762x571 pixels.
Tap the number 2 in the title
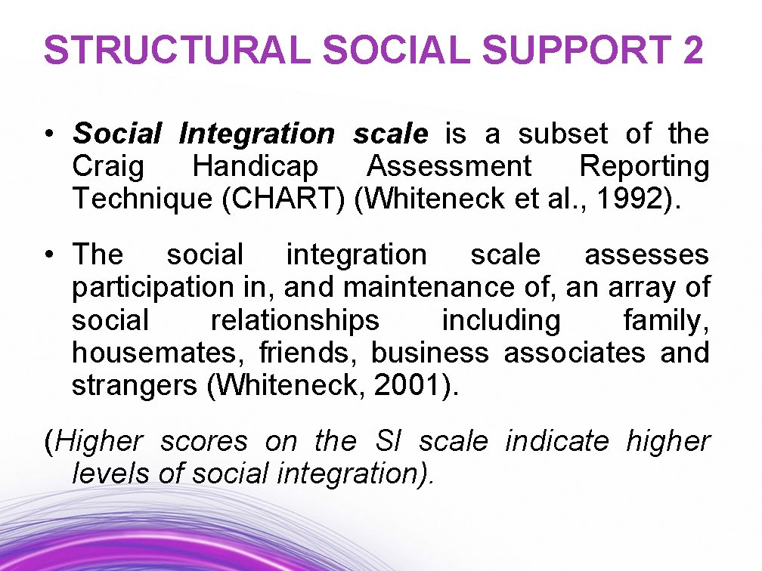coord(691,51)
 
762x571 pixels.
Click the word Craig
coord(107,167)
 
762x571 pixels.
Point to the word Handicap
coord(255,167)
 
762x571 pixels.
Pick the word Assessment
coord(449,167)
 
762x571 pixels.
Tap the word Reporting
coord(644,167)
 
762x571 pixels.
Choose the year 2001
coord(410,386)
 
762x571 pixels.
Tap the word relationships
coord(295,320)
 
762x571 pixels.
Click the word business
coord(429,353)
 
